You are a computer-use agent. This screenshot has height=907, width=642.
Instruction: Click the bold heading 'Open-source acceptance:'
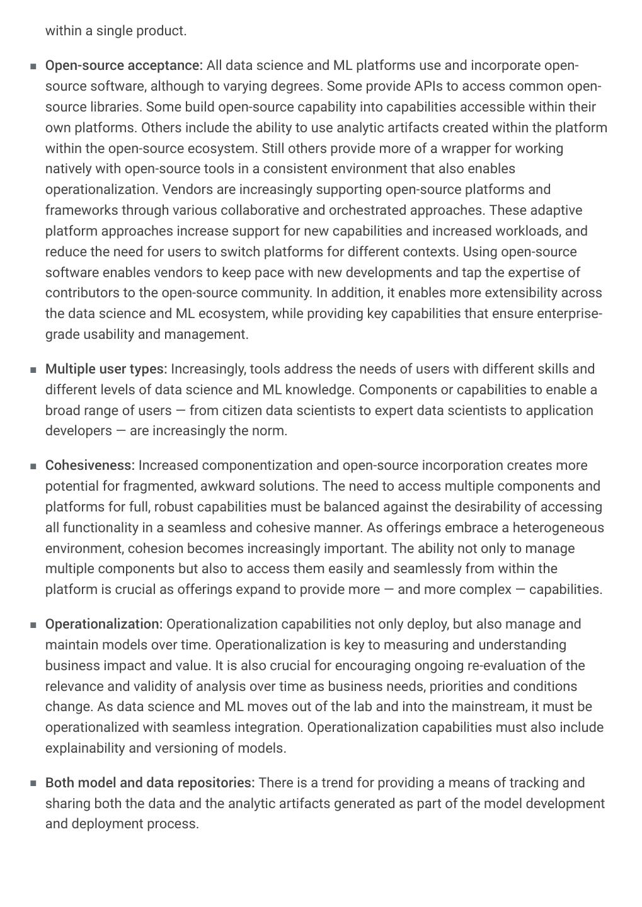coord(123,66)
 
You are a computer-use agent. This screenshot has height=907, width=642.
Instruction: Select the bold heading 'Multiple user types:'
coord(106,368)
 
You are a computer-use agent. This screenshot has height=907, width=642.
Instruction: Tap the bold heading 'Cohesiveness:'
coord(89,465)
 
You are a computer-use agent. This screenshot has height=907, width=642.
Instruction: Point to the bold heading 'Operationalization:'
coord(103,624)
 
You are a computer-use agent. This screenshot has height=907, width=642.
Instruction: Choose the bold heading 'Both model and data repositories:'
coord(149,783)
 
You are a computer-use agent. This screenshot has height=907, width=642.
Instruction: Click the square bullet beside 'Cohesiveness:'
coord(33,467)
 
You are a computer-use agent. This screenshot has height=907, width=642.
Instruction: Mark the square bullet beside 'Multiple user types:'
coord(33,370)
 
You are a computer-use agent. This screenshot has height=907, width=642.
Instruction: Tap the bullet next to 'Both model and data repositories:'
coord(33,784)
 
